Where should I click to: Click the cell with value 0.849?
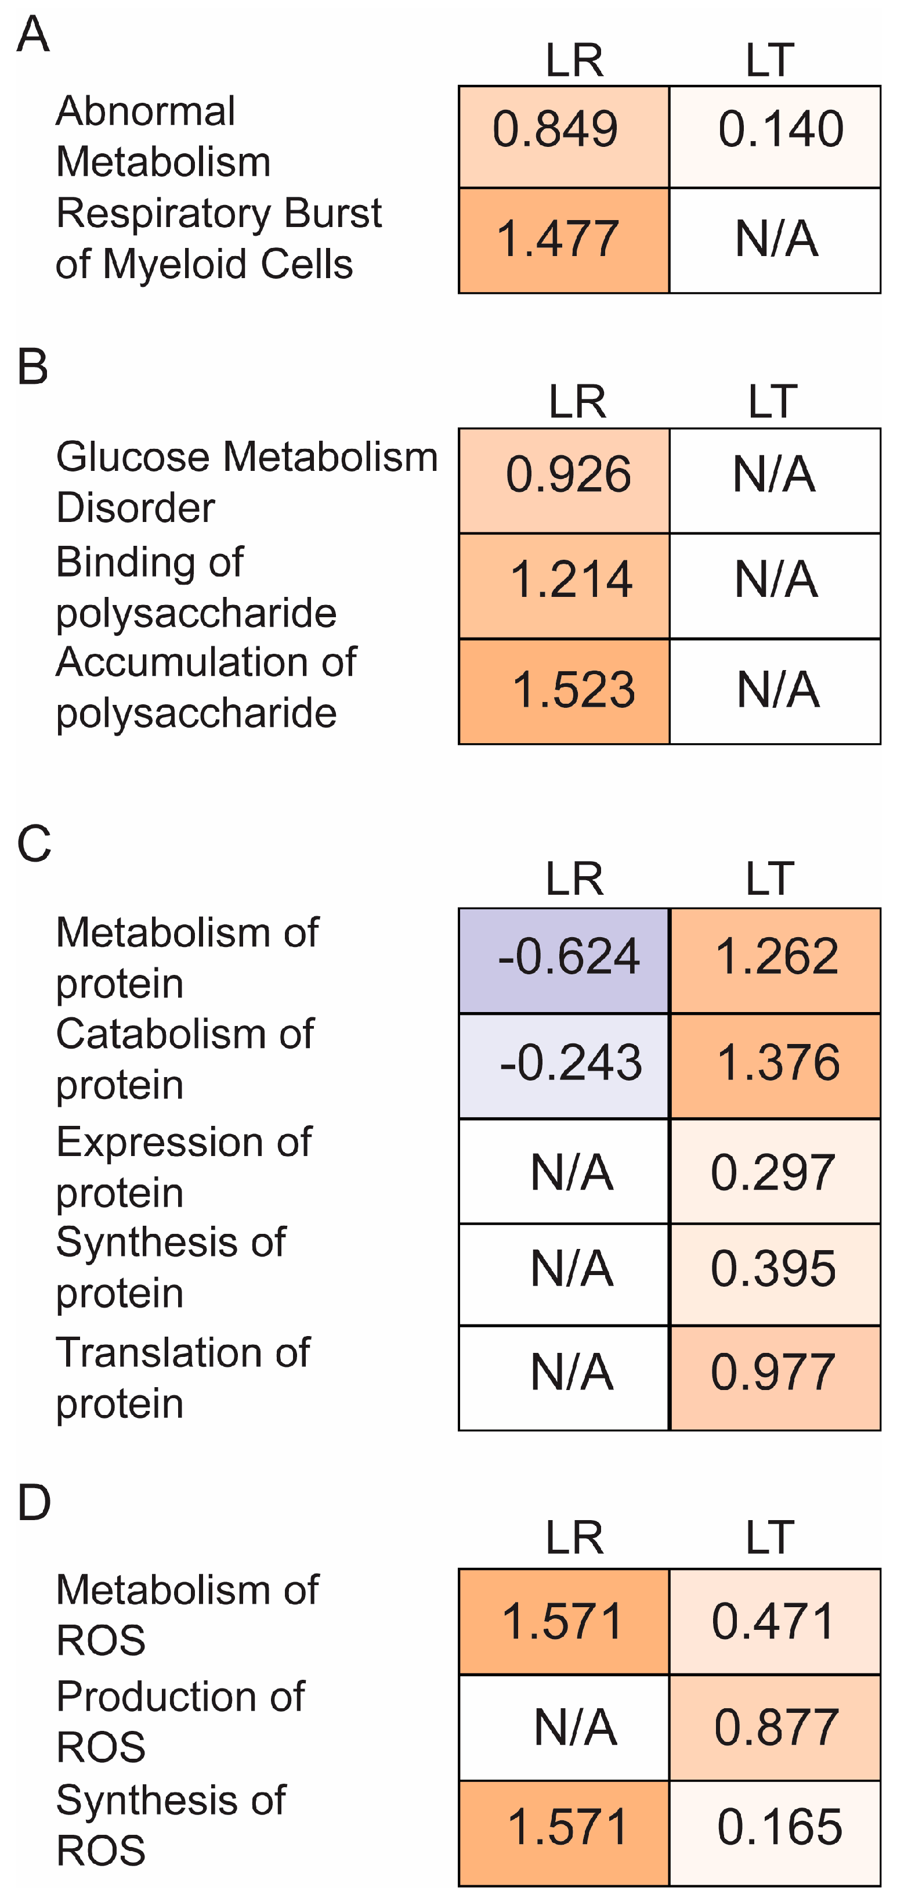(x=563, y=136)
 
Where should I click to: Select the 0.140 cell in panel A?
(x=775, y=136)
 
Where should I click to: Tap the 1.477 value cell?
(x=563, y=240)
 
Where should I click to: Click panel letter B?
(x=32, y=367)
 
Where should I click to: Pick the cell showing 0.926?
(x=563, y=480)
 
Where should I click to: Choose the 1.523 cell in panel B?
(x=563, y=691)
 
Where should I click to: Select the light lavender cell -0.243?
(x=563, y=1065)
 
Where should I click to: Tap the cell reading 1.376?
(x=775, y=1065)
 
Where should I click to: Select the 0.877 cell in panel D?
(x=775, y=1727)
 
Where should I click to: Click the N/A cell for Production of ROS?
(x=563, y=1727)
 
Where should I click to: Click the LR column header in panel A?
(x=574, y=60)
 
